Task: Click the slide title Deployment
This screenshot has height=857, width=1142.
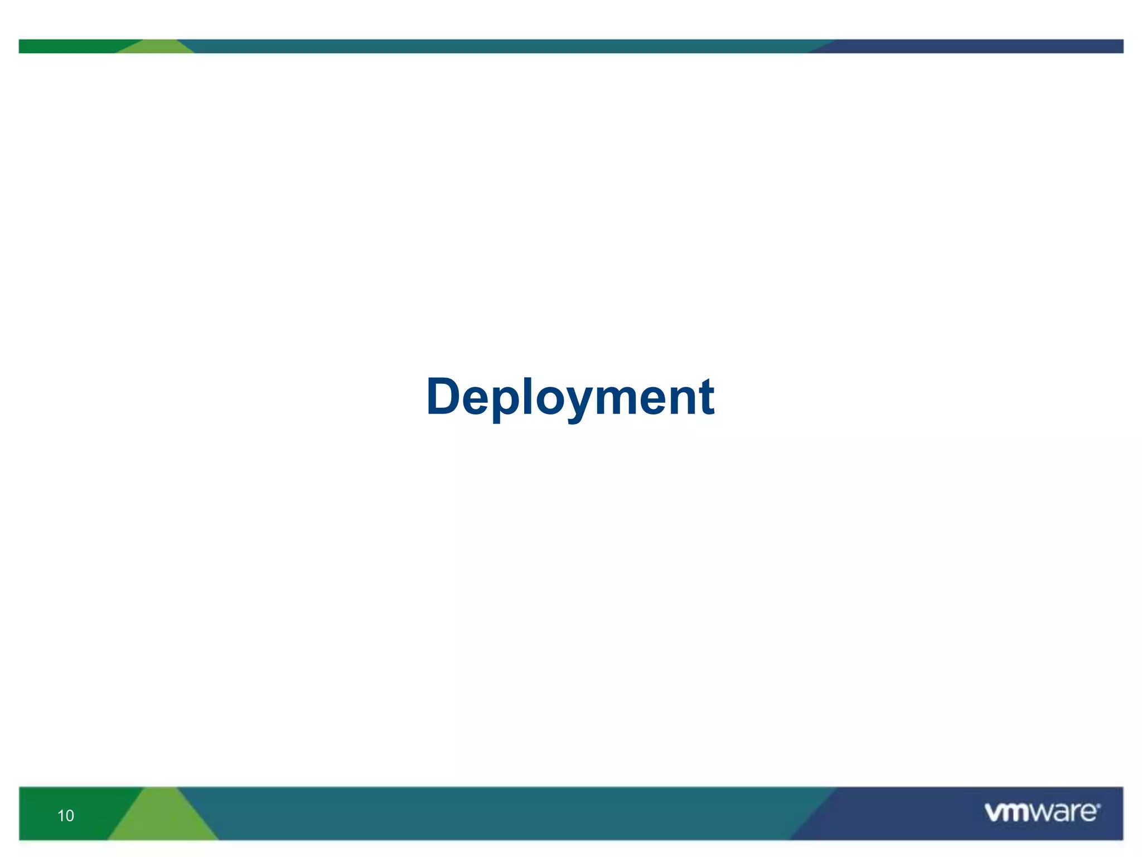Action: [570, 397]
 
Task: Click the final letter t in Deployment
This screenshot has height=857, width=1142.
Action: [707, 397]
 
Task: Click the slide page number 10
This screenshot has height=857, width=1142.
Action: [65, 816]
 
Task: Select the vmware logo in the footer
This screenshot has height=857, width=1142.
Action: [1042, 812]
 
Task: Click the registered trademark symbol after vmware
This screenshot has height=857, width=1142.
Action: [1099, 805]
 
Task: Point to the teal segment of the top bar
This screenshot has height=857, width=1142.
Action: [502, 46]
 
